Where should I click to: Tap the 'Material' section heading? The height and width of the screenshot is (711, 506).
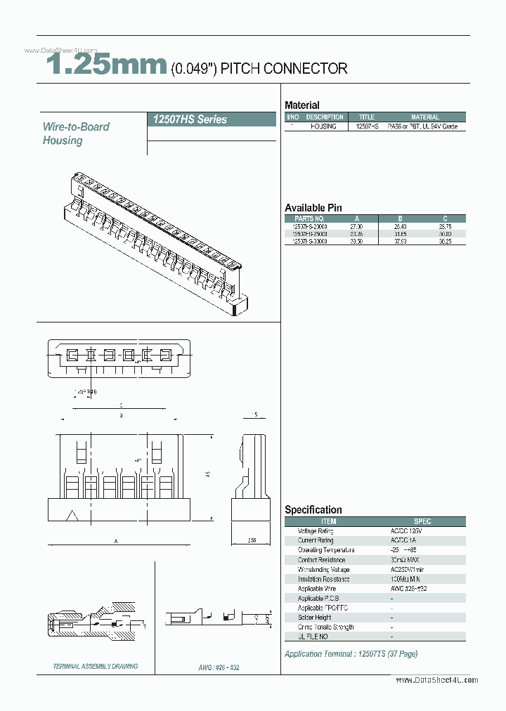click(x=301, y=105)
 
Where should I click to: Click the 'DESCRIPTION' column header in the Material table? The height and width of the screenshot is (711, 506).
click(x=325, y=117)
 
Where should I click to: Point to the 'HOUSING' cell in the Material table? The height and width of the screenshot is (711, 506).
click(x=324, y=126)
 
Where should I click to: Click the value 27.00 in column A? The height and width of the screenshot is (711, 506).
click(x=356, y=227)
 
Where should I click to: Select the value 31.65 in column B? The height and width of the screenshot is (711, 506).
click(x=400, y=234)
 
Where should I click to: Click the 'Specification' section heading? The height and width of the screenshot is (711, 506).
click(x=313, y=510)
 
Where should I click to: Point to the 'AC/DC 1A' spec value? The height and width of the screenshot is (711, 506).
click(x=403, y=541)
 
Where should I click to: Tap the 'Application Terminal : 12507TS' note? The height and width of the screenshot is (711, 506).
click(x=351, y=654)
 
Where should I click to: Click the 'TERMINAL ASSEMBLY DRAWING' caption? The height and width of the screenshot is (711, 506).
click(x=95, y=666)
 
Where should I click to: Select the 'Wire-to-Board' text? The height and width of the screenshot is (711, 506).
click(x=76, y=126)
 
